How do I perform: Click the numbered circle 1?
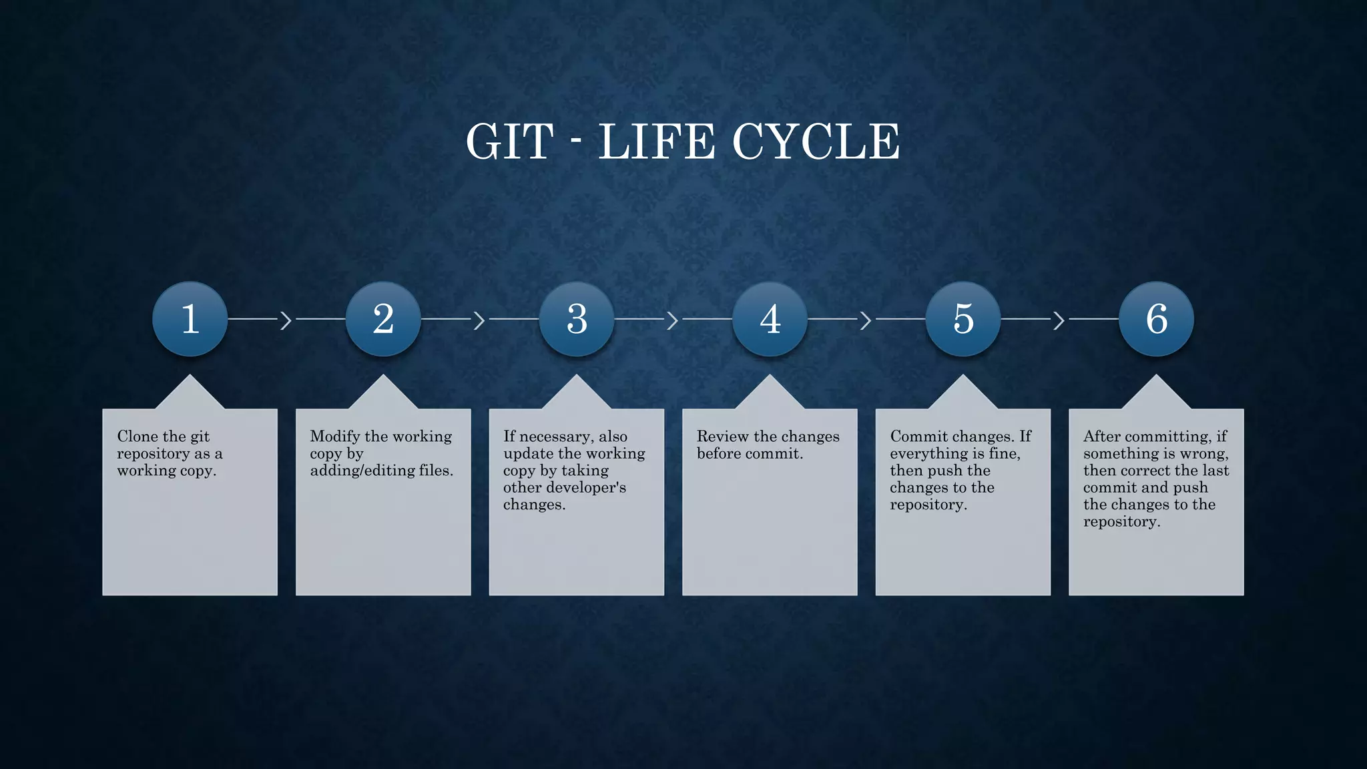pyautogui.click(x=190, y=318)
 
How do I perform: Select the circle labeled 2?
pyautogui.click(x=383, y=318)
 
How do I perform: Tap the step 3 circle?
pyautogui.click(x=577, y=318)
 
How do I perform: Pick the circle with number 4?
pyautogui.click(x=770, y=318)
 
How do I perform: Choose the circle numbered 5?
pyautogui.click(x=963, y=318)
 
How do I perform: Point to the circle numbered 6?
pyautogui.click(x=1156, y=318)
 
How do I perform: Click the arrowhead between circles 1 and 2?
pyautogui.click(x=286, y=320)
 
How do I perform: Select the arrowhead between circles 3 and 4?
pyautogui.click(x=673, y=320)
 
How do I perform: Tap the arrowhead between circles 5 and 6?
pyautogui.click(x=1059, y=320)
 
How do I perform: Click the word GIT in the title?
pyautogui.click(x=509, y=142)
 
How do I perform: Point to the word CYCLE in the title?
pyautogui.click(x=816, y=142)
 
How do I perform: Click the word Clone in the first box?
pyautogui.click(x=138, y=437)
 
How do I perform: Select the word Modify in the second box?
pyautogui.click(x=334, y=437)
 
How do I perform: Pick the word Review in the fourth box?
pyautogui.click(x=722, y=437)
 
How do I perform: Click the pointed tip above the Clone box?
pyautogui.click(x=190, y=378)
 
